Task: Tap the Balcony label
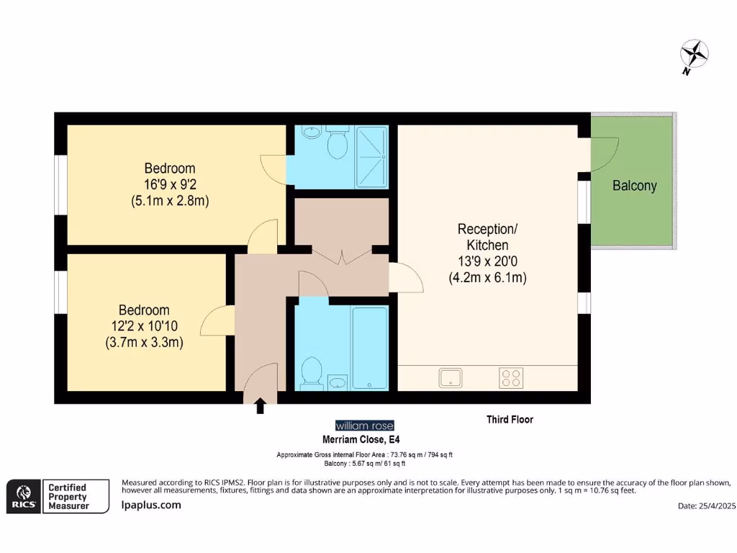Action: (x=634, y=186)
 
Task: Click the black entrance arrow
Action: (x=260, y=407)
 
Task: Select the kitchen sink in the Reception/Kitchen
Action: (x=451, y=377)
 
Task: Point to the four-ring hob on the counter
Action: (x=511, y=377)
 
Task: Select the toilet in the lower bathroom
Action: (x=310, y=373)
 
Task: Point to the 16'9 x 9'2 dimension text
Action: (x=170, y=184)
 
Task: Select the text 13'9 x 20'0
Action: (x=487, y=261)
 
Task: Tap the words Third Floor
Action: (x=510, y=419)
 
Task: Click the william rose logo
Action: (x=365, y=426)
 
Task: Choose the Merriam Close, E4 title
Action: (x=360, y=439)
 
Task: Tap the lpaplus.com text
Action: (x=150, y=505)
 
